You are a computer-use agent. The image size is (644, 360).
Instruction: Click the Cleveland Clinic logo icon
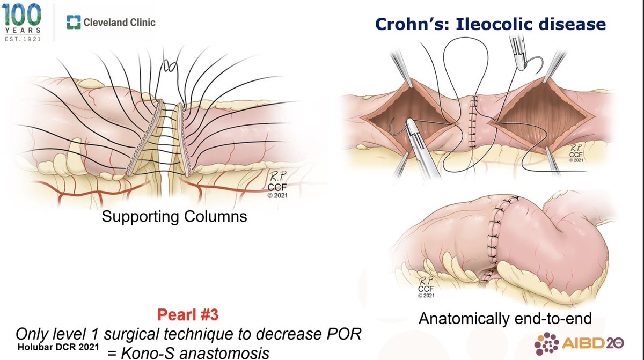(72, 22)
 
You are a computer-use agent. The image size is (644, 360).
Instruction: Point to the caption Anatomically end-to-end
(505, 318)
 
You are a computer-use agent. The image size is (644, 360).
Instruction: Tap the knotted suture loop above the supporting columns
(172, 67)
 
